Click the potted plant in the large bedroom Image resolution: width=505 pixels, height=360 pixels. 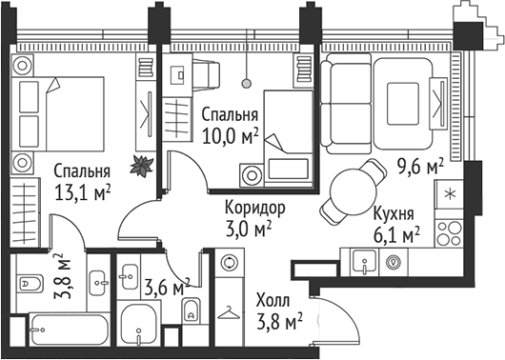[142, 164]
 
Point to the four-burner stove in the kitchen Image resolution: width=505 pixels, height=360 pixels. [446, 229]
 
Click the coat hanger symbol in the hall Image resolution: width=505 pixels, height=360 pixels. [230, 310]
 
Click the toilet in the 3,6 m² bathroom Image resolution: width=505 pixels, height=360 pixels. [192, 308]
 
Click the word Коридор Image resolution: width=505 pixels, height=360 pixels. [254, 208]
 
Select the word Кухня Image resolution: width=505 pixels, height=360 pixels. [392, 213]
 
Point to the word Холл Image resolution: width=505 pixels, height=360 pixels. [274, 301]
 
